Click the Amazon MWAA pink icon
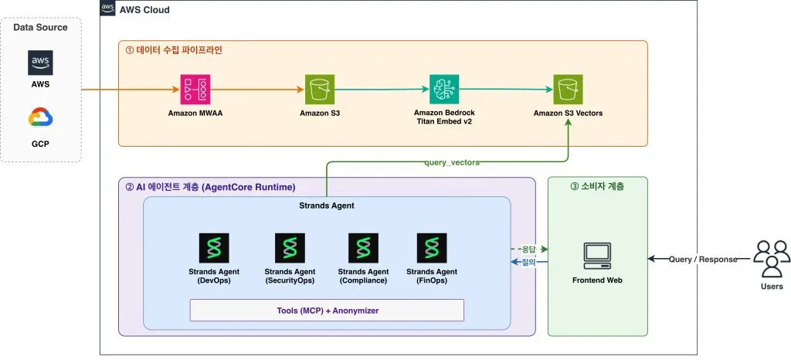[x=195, y=90]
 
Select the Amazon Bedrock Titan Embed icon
[x=444, y=90]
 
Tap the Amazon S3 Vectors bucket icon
[x=568, y=90]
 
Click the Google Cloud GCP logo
[x=40, y=118]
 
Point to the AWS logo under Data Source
[x=40, y=63]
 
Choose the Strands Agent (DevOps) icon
[x=215, y=248]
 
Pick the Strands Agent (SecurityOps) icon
[x=290, y=248]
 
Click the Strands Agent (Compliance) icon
[x=363, y=248]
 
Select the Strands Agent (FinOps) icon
[x=432, y=248]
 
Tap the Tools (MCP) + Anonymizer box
[x=327, y=310]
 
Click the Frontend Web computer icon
[x=597, y=256]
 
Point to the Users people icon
[x=772, y=258]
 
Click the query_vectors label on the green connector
[x=451, y=162]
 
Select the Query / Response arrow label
[x=703, y=259]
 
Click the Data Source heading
[x=40, y=27]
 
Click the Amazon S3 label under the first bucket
[x=320, y=113]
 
